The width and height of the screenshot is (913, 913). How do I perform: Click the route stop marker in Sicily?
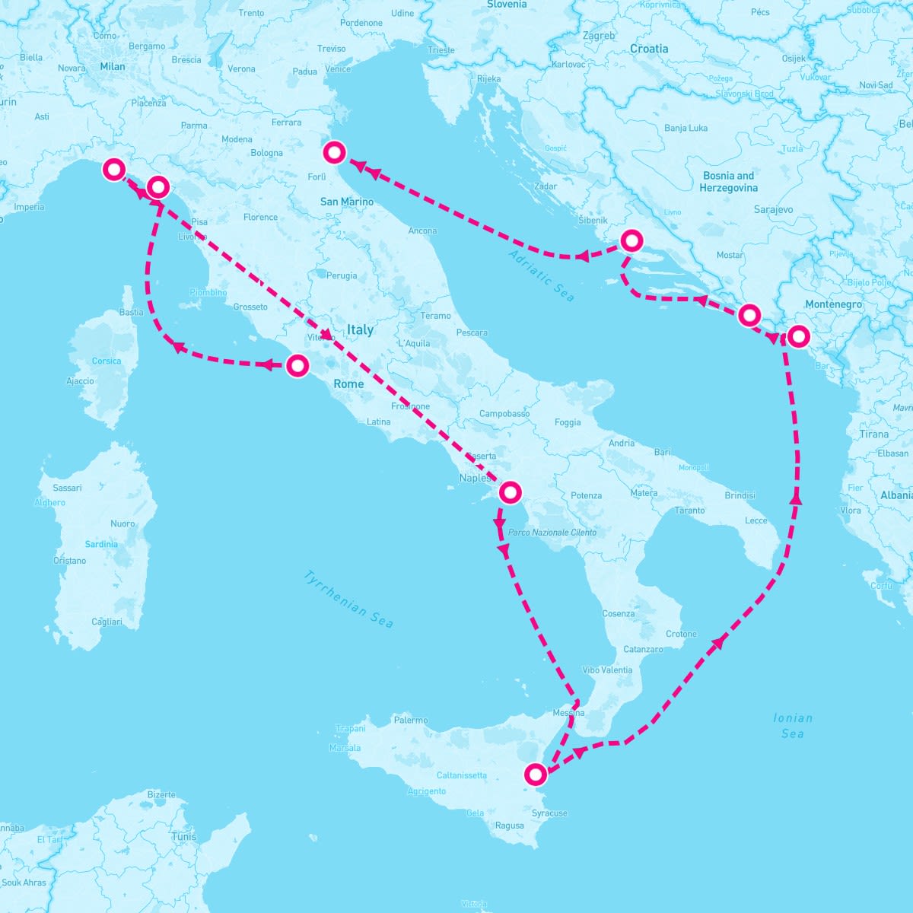[536, 775]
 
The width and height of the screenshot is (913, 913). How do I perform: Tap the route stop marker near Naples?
[510, 492]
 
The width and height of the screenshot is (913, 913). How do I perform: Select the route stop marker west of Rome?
[297, 366]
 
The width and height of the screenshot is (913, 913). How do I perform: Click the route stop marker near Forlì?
[334, 152]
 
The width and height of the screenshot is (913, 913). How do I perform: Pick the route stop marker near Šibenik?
[631, 241]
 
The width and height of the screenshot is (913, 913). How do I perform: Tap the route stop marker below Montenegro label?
[798, 336]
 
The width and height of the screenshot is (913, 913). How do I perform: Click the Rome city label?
[348, 384]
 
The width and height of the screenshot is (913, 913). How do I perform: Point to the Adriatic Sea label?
[542, 276]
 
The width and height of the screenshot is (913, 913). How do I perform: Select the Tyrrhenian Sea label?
[348, 600]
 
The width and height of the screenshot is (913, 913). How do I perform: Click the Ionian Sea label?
[793, 726]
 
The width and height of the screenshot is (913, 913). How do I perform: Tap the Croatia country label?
[649, 49]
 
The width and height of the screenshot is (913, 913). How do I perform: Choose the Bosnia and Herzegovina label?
[728, 181]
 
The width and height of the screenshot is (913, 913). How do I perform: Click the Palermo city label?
[411, 720]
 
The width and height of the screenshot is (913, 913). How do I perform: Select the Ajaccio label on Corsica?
[81, 381]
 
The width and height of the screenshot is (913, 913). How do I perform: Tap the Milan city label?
[113, 66]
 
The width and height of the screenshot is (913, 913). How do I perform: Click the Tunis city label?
[184, 836]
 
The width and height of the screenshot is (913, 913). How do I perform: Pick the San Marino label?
[347, 202]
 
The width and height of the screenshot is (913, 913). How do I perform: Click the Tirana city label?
[873, 434]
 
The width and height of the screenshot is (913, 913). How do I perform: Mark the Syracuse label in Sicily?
[549, 813]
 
